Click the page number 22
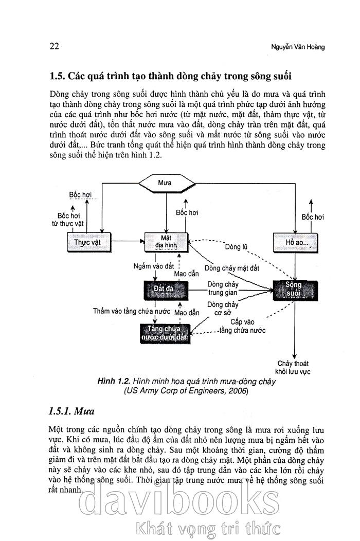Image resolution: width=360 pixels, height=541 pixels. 54,46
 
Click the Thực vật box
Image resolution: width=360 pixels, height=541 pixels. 86,241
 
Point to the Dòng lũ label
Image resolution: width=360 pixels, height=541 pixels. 237,247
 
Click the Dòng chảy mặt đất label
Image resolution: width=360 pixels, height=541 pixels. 232,267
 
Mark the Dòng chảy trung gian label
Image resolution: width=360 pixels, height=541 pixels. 223,288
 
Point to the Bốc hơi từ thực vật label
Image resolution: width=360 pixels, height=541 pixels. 72,220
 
